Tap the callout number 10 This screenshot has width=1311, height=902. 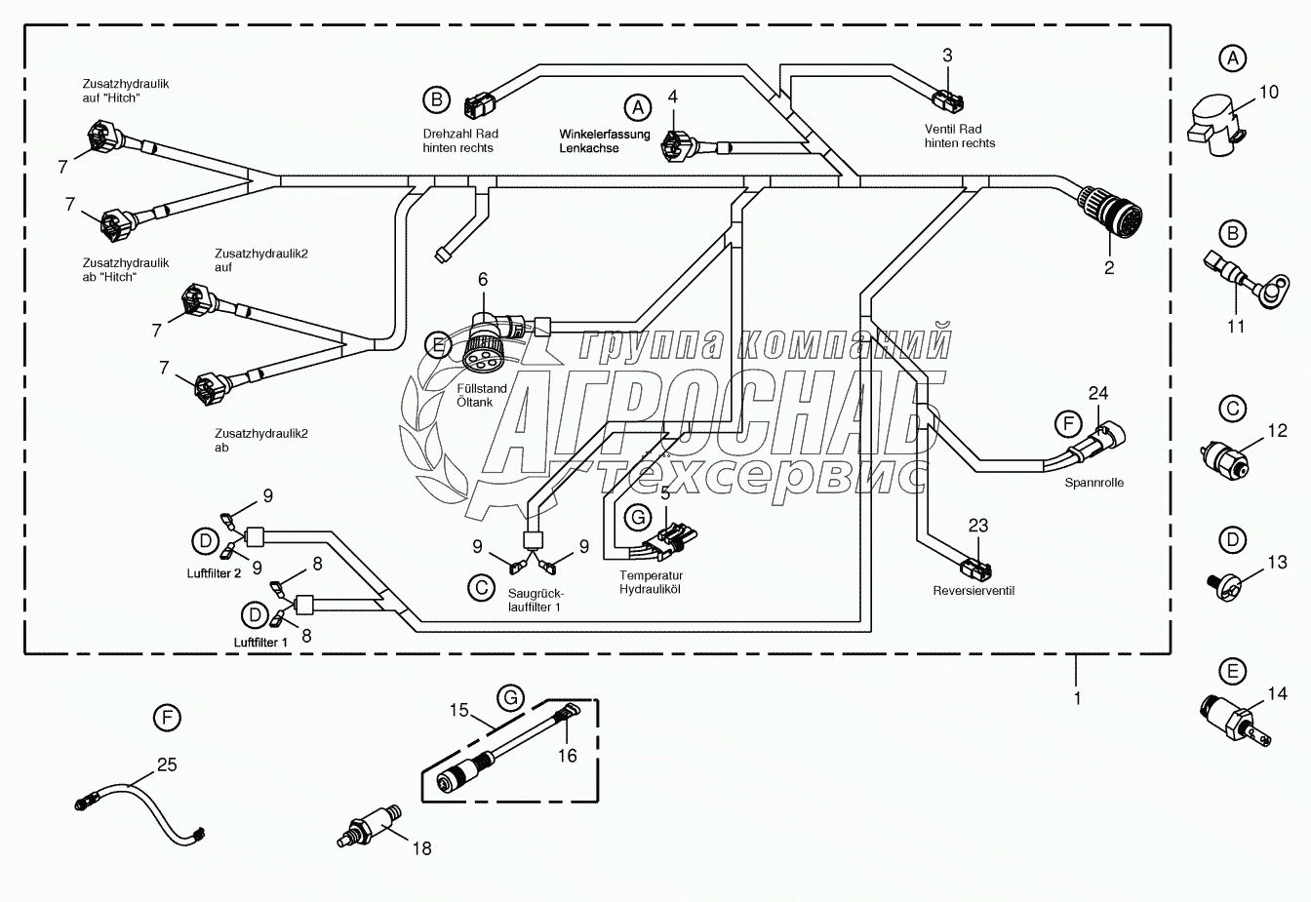click(1268, 93)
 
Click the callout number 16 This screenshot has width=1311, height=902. click(567, 755)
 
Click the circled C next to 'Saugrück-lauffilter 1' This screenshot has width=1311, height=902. click(480, 587)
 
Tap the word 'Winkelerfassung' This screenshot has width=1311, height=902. click(605, 134)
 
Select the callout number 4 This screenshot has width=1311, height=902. click(672, 97)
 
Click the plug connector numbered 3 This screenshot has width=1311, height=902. click(947, 98)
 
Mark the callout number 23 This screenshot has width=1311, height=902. click(978, 525)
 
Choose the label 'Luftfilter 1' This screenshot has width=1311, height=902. click(260, 642)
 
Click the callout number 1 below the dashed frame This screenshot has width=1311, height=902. click(1078, 698)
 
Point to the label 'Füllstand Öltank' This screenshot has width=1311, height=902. click(482, 395)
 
